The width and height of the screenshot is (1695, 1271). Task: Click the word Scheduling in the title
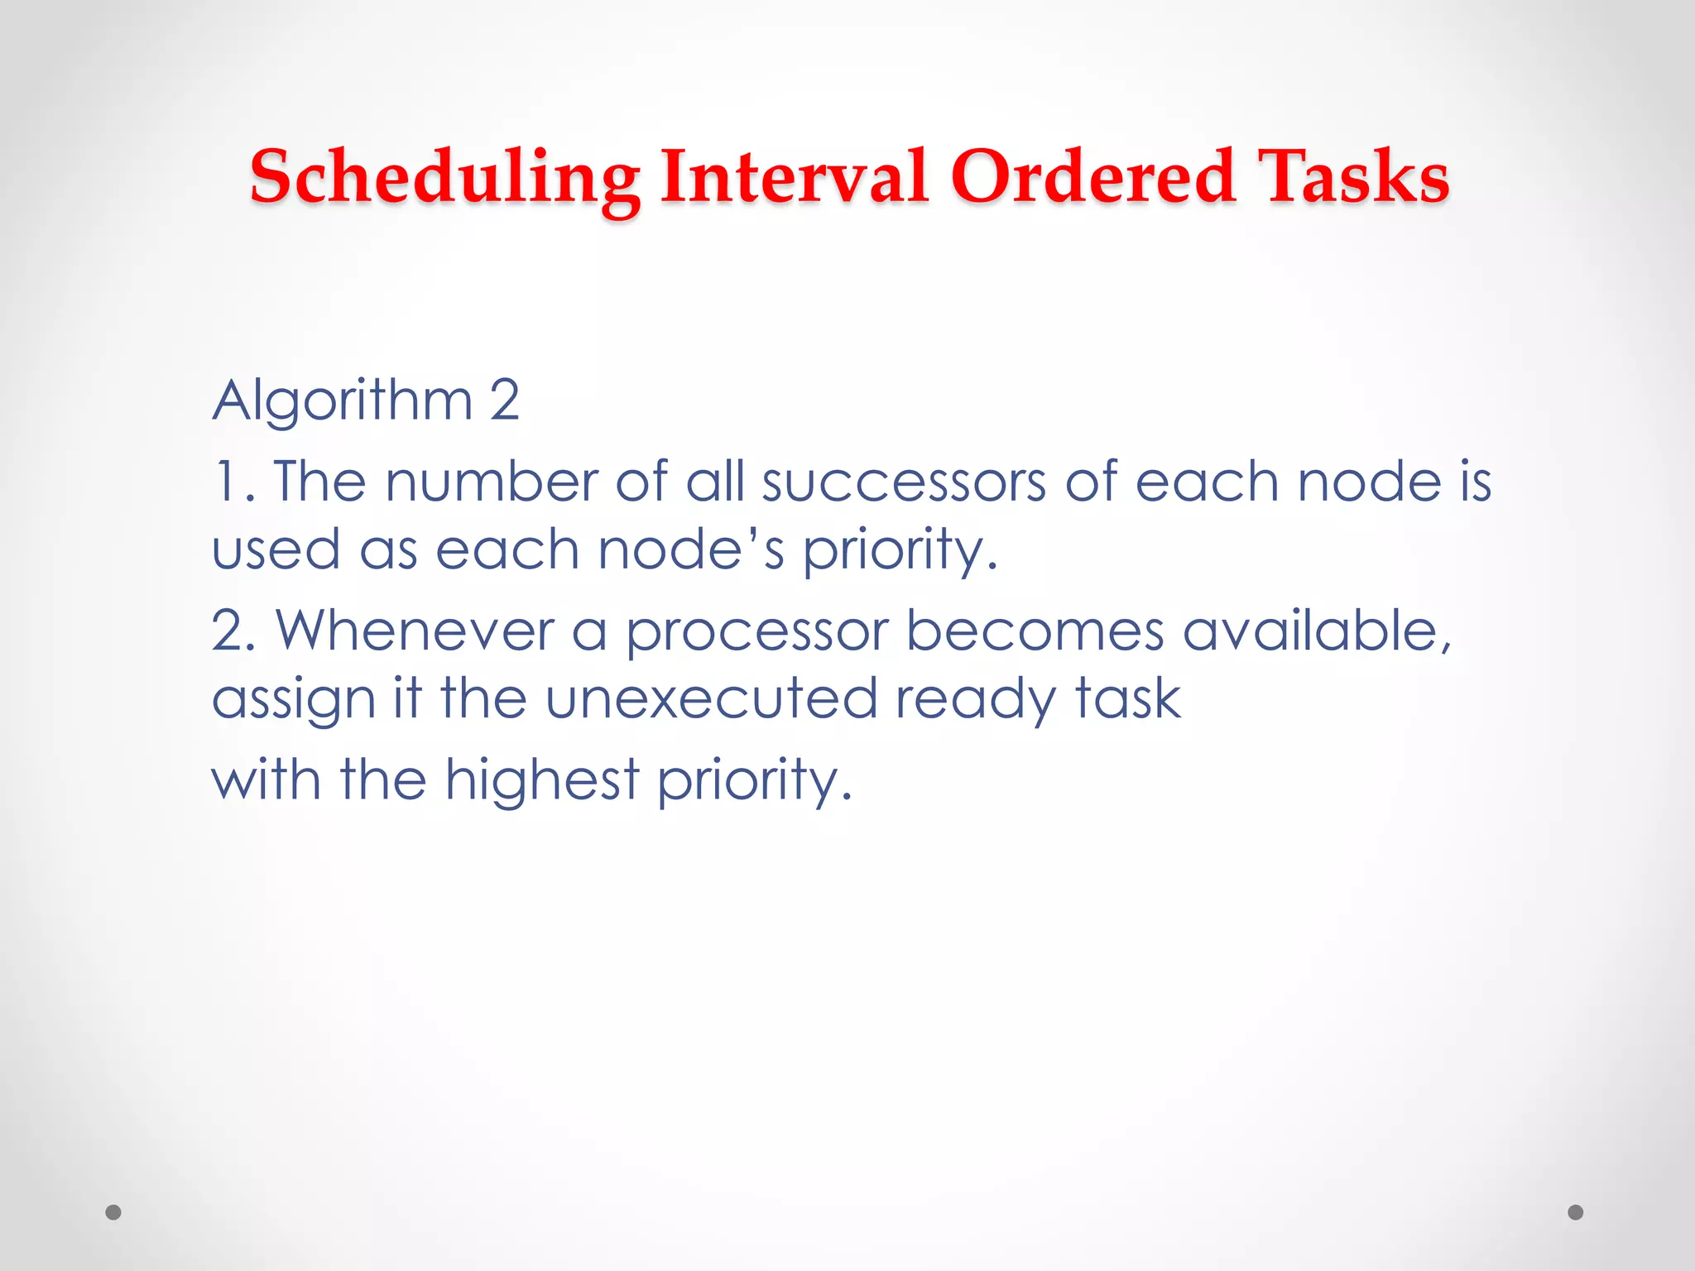[444, 178]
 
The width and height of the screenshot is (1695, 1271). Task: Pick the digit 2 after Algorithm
[504, 400]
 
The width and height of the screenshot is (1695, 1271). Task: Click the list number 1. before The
[233, 482]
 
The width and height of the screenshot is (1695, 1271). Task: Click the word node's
[690, 550]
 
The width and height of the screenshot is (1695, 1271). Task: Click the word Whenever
[415, 631]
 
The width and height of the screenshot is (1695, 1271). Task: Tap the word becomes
[1035, 631]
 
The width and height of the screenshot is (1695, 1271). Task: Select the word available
[1315, 631]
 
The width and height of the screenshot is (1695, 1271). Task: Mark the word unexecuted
[711, 699]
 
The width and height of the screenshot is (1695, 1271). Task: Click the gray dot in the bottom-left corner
[113, 1212]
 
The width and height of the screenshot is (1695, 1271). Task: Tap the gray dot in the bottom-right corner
[1576, 1212]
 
